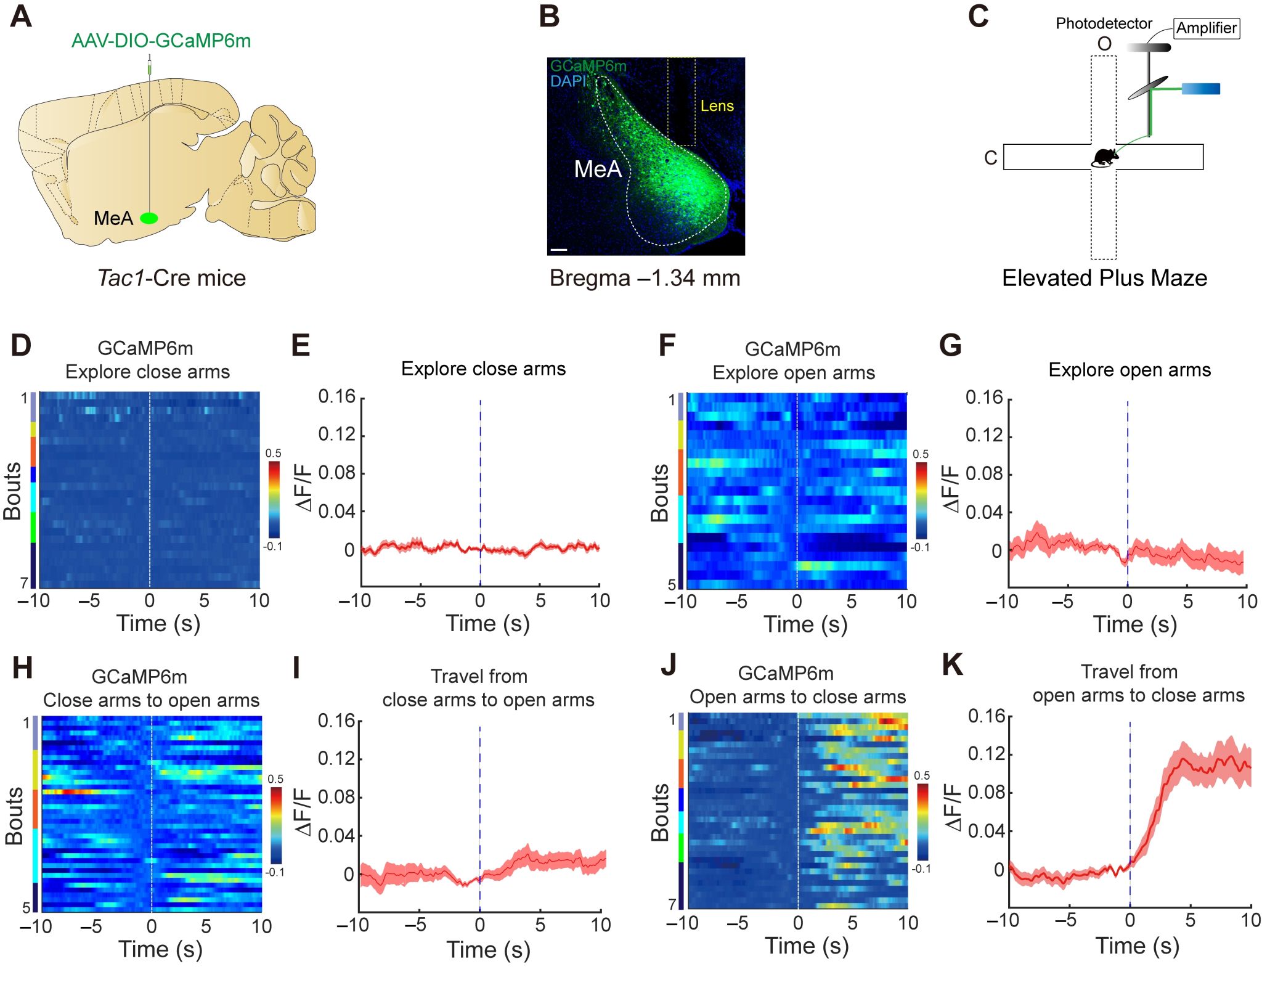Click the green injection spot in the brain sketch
[149, 218]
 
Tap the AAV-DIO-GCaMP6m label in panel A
[161, 41]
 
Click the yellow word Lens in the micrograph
[717, 106]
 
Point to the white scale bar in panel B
[559, 250]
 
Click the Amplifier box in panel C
[1206, 28]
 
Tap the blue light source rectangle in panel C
[1200, 89]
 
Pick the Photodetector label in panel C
[1103, 23]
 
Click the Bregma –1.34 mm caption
[645, 278]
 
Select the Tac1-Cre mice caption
[171, 278]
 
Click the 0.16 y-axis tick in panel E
[336, 396]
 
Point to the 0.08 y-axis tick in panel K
[986, 792]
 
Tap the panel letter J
[668, 666]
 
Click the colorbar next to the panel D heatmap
[274, 500]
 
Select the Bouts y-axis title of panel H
[14, 815]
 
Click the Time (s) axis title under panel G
[1135, 624]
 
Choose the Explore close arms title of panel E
[483, 369]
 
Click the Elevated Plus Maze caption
[1104, 278]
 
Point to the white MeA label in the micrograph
[597, 169]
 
